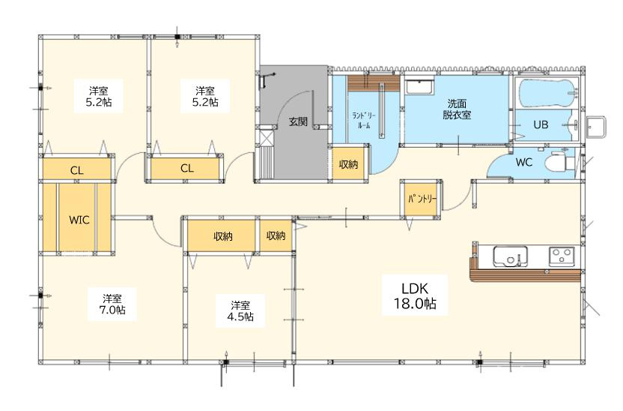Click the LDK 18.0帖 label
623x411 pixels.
[415, 295]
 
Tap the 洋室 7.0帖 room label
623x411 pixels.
[112, 304]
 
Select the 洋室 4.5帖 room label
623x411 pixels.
[240, 310]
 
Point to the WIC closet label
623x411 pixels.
[79, 220]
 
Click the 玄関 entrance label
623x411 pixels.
[298, 121]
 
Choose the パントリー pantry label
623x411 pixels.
[422, 199]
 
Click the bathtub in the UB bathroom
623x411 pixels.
[547, 94]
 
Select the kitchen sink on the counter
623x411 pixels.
[511, 256]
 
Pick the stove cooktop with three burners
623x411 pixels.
[562, 256]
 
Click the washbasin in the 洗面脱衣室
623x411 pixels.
[419, 87]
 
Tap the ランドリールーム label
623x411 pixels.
[364, 120]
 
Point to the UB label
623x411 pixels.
[541, 124]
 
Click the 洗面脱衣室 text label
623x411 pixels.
[457, 109]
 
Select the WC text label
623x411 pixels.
[523, 162]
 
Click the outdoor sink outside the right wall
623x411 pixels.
[595, 127]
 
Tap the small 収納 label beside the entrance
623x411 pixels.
[348, 164]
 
